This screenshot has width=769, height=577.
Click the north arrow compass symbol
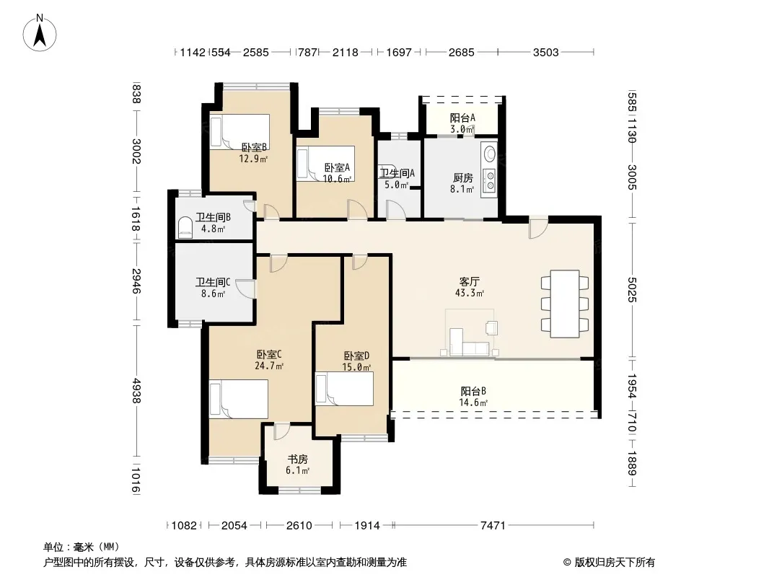40,33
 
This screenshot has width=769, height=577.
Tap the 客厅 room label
469,282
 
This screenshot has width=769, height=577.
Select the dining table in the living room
565,304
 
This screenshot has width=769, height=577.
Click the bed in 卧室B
240,131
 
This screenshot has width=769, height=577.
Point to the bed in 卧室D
344,389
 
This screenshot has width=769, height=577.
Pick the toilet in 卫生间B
185,228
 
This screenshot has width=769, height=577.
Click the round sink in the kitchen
489,154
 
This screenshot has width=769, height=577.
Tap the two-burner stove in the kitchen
489,180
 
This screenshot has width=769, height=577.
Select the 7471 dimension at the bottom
493,526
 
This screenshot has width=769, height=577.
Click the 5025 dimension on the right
632,290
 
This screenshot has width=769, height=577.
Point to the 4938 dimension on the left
136,391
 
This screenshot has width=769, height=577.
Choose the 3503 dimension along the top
546,52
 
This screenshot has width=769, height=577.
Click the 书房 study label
297,459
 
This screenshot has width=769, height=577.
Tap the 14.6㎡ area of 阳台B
473,402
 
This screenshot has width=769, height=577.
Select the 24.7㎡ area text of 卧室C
269,366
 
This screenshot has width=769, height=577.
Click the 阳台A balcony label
462,118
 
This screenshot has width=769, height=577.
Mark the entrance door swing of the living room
538,227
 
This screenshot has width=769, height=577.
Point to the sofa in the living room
470,343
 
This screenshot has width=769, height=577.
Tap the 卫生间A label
397,173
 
